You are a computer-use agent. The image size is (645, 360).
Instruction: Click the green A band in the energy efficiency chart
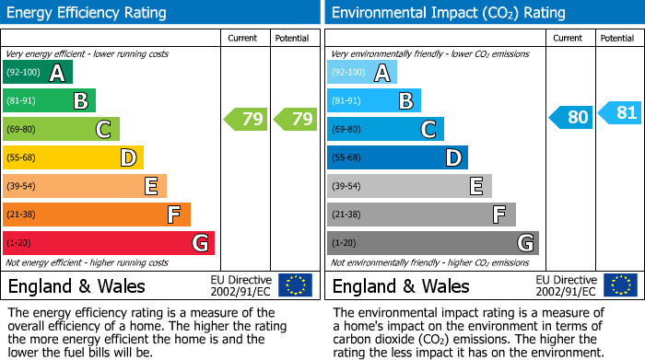point(38,73)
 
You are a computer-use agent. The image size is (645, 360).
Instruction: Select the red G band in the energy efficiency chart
point(108,243)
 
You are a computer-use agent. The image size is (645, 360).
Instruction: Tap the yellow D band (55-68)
point(73,157)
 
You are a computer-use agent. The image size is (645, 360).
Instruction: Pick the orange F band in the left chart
point(97,215)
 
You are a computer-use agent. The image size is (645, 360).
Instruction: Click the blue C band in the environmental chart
point(385,129)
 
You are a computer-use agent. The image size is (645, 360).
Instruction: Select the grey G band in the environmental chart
point(432,243)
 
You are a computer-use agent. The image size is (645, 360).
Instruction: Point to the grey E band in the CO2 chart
point(409,186)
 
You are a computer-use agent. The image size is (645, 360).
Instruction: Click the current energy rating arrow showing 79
point(246,119)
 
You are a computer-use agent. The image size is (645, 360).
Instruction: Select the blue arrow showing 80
point(570,118)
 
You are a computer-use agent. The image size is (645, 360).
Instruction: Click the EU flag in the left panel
point(295,285)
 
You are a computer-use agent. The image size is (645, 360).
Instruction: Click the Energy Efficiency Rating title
point(88,13)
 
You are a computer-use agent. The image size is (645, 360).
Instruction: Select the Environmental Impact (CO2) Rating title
point(448,13)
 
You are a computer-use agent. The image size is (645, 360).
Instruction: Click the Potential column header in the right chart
point(617,38)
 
